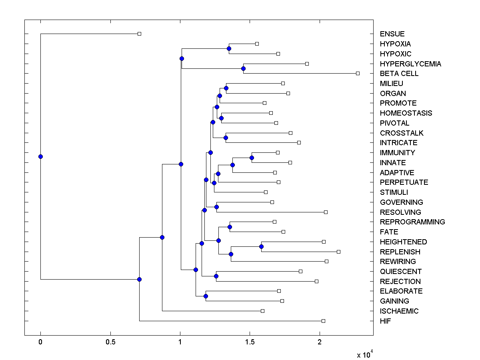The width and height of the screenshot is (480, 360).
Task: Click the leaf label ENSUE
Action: (392, 34)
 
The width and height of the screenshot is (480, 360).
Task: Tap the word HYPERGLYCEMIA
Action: (410, 64)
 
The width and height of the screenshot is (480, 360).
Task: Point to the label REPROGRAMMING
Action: (412, 222)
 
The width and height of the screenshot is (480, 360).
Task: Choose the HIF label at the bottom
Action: (386, 321)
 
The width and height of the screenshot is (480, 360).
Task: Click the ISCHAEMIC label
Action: (399, 311)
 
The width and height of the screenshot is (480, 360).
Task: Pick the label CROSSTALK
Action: (402, 133)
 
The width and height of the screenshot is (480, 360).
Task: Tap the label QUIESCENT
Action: (401, 272)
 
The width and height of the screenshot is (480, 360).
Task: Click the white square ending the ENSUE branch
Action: (139, 34)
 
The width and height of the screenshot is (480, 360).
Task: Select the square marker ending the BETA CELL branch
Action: (358, 73)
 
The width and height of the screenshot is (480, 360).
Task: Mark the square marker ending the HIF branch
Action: (323, 321)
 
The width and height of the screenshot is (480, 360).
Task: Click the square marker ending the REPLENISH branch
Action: (338, 252)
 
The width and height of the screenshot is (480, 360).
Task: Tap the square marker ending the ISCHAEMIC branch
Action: (262, 311)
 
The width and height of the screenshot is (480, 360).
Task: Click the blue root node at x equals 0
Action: (40, 156)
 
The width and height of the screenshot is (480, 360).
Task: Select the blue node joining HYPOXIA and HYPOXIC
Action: (229, 48)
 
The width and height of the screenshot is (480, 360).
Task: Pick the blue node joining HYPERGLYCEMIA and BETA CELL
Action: (243, 68)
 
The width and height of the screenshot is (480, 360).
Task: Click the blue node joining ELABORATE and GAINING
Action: (206, 296)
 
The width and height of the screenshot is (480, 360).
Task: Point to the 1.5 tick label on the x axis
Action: (250, 342)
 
